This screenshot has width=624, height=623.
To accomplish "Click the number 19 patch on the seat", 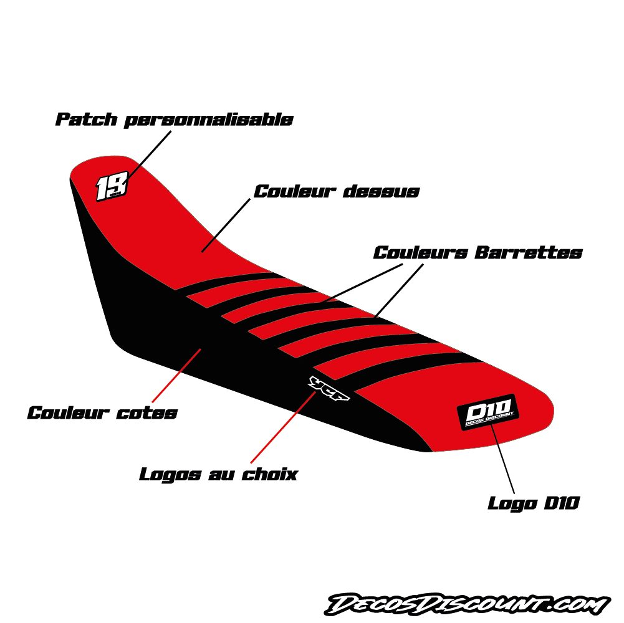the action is [x=112, y=186].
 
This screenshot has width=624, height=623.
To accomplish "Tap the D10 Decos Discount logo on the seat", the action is [x=488, y=412].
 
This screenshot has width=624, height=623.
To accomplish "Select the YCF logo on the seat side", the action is [x=329, y=388].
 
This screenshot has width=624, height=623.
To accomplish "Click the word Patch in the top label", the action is [x=87, y=119].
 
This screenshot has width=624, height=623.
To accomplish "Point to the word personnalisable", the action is [x=209, y=120].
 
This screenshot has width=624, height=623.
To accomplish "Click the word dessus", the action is [x=382, y=192].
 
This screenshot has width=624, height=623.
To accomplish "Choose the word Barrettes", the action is [x=529, y=252].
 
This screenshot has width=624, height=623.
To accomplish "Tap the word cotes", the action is [x=147, y=413].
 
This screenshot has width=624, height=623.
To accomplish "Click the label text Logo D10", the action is [x=534, y=503].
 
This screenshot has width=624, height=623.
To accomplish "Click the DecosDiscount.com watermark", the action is [x=467, y=604].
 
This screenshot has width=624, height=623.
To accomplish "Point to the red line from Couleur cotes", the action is [x=176, y=376].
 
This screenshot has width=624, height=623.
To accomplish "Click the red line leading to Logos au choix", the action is [x=283, y=427].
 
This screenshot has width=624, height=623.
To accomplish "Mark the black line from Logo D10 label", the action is [x=502, y=459].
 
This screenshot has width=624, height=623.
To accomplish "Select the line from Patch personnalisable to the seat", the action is [x=149, y=155].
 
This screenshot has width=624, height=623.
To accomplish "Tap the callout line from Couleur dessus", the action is [x=226, y=226].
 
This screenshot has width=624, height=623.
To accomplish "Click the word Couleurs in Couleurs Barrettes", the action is [x=421, y=252].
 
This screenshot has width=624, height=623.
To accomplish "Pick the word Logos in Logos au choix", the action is [x=170, y=475].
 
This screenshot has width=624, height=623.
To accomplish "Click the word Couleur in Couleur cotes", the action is [x=68, y=413].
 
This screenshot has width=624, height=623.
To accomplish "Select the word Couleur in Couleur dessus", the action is [x=295, y=192].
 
